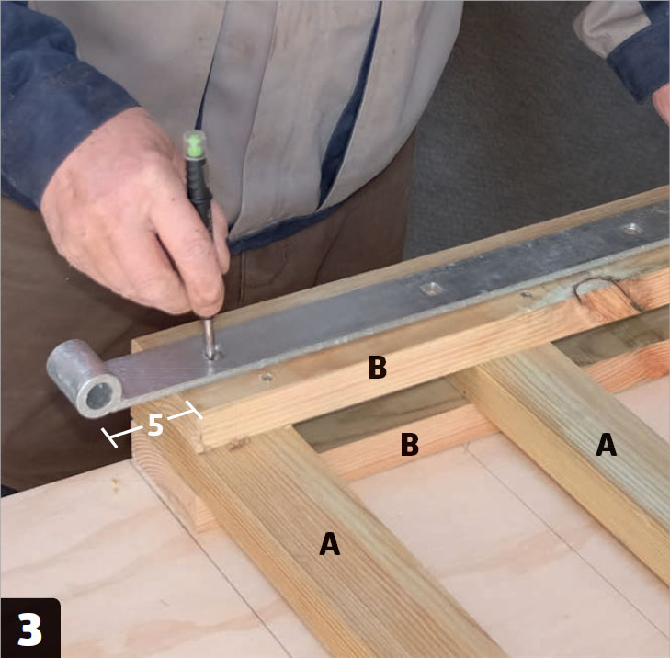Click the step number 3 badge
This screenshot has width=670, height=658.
pyautogui.click(x=30, y=628)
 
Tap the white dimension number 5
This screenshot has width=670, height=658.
pyautogui.click(x=155, y=425)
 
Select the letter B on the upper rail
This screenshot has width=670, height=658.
pyautogui.click(x=378, y=367)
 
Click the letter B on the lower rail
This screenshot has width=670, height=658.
pyautogui.click(x=410, y=444)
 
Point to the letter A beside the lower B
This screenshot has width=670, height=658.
pyautogui.click(x=607, y=445)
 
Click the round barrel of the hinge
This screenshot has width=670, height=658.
pyautogui.click(x=84, y=379)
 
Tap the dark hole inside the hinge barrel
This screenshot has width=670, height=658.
pyautogui.click(x=99, y=396)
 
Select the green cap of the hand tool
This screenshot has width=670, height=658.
pyautogui.click(x=195, y=145)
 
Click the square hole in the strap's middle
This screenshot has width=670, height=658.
pyautogui.click(x=431, y=289)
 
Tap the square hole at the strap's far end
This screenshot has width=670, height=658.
pyautogui.click(x=632, y=229)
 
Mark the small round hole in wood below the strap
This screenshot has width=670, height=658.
pyautogui.click(x=267, y=377)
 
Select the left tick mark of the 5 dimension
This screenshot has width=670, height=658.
pyautogui.click(x=109, y=438)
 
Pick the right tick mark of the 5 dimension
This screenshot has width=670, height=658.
pyautogui.click(x=194, y=410)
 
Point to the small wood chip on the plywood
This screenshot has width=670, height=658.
pyautogui.click(x=115, y=484)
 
